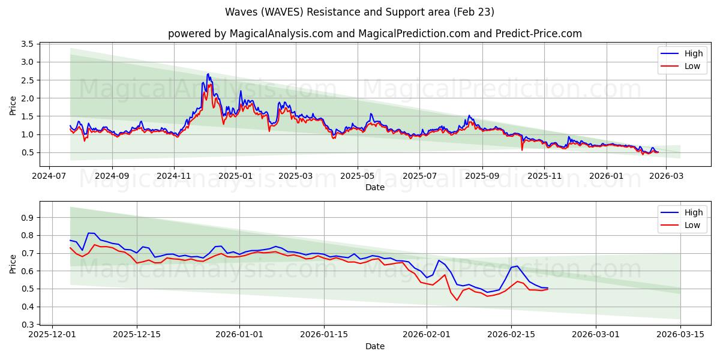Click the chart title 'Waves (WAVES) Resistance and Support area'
(x=360, y=12)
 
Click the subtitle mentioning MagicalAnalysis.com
(x=375, y=34)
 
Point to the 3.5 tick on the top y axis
(x=26, y=44)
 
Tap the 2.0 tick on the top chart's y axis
(x=26, y=98)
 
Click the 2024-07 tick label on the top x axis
(x=49, y=177)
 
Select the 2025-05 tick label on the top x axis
(x=358, y=177)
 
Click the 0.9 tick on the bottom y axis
(x=26, y=218)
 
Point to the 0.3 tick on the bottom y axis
(x=26, y=325)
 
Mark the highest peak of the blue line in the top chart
(x=208, y=74)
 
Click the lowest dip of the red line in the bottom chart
(x=457, y=300)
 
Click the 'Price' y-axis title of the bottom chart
(x=13, y=263)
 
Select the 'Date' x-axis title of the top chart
(x=375, y=188)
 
